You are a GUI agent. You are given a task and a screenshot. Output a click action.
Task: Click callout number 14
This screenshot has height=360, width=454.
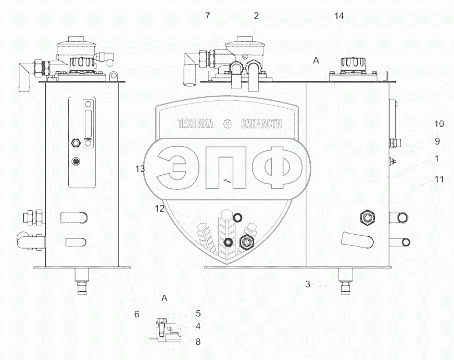point(339,16)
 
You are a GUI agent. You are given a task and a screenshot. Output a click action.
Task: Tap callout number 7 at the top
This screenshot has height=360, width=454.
point(207,16)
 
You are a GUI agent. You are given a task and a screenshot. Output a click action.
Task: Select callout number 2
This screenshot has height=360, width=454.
point(256,16)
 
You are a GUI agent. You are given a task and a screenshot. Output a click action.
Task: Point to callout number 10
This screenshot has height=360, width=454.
point(439,124)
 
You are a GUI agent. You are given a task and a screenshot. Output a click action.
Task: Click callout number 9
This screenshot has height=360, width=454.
point(437,141)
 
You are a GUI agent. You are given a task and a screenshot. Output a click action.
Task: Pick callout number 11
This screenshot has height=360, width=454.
point(439,179)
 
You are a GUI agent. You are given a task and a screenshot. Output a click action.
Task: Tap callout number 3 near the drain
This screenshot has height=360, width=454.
point(308,285)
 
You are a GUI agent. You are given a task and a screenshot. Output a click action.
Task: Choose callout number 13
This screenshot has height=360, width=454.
point(140,169)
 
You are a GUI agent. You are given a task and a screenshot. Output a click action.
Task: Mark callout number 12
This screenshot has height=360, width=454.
point(159,209)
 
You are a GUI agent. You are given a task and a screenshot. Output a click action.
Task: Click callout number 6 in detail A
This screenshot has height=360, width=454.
point(137,314)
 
